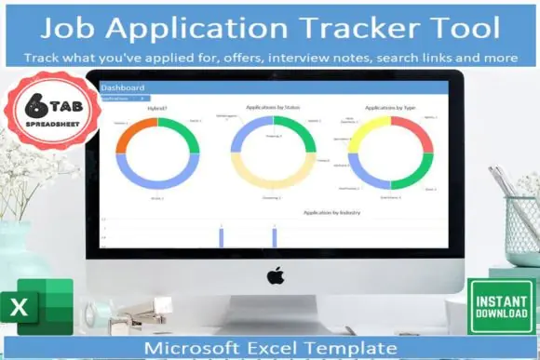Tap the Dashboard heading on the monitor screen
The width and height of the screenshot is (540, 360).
point(122,88)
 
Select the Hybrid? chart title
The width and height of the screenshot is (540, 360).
point(157,108)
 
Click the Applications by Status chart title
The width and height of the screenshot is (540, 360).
point(272,108)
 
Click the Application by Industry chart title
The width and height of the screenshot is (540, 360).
point(331,213)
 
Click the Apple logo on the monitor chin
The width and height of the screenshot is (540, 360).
point(275,275)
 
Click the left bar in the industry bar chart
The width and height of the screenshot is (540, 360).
point(222,236)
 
